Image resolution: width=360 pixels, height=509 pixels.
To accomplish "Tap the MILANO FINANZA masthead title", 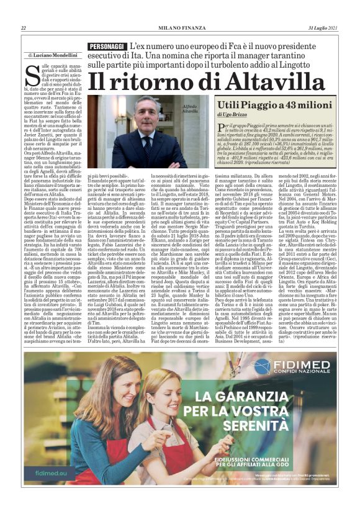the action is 180,28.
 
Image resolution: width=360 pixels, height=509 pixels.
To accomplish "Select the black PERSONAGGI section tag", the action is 107,47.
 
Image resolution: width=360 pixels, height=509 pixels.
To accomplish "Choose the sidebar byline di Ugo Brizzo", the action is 233,115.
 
